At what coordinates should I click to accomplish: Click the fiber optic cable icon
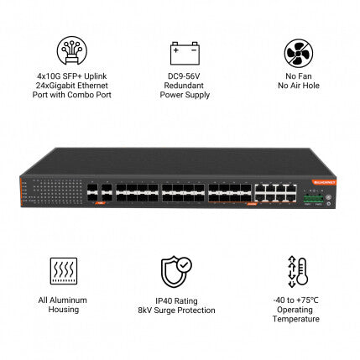point(72,50)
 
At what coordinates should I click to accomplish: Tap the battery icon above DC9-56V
point(185,53)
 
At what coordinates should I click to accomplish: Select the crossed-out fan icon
point(299,53)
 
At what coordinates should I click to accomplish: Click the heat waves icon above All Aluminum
point(64,271)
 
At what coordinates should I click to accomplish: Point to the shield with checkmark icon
point(176,271)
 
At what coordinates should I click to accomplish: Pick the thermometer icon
point(298,272)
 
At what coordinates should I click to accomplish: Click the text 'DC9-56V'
point(184,76)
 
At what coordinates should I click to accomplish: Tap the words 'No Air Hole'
point(299,86)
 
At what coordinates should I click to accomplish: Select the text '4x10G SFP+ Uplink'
point(72,76)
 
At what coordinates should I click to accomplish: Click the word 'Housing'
point(64,310)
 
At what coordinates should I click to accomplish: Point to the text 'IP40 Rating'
point(176,301)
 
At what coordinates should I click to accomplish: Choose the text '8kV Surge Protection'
point(176,310)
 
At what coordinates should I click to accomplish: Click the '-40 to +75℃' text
point(296,300)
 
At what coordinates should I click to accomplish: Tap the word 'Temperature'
point(296,319)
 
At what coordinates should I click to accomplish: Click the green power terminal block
point(313,199)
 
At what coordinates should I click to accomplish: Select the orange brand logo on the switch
point(325,182)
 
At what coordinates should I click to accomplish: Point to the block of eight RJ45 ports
point(275,192)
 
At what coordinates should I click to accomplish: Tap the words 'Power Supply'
point(185,95)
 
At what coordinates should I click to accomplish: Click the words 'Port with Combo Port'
point(72,95)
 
